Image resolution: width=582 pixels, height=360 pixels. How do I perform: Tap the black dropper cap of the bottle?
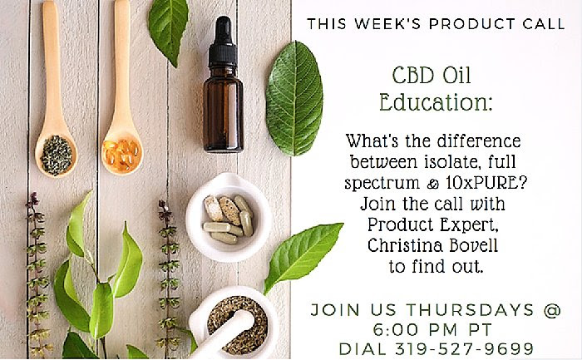pyautogui.click(x=223, y=42)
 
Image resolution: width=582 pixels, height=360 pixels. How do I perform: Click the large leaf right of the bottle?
pyautogui.click(x=294, y=98)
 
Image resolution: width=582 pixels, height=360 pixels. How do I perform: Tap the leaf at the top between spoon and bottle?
pyautogui.click(x=168, y=30)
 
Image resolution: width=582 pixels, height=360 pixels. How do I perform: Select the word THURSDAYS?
pyautogui.click(x=470, y=309)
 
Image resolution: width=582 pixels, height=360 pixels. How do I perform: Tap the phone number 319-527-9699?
pyautogui.click(x=464, y=349)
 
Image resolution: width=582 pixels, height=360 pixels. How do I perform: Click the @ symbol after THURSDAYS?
pyautogui.click(x=552, y=310)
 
